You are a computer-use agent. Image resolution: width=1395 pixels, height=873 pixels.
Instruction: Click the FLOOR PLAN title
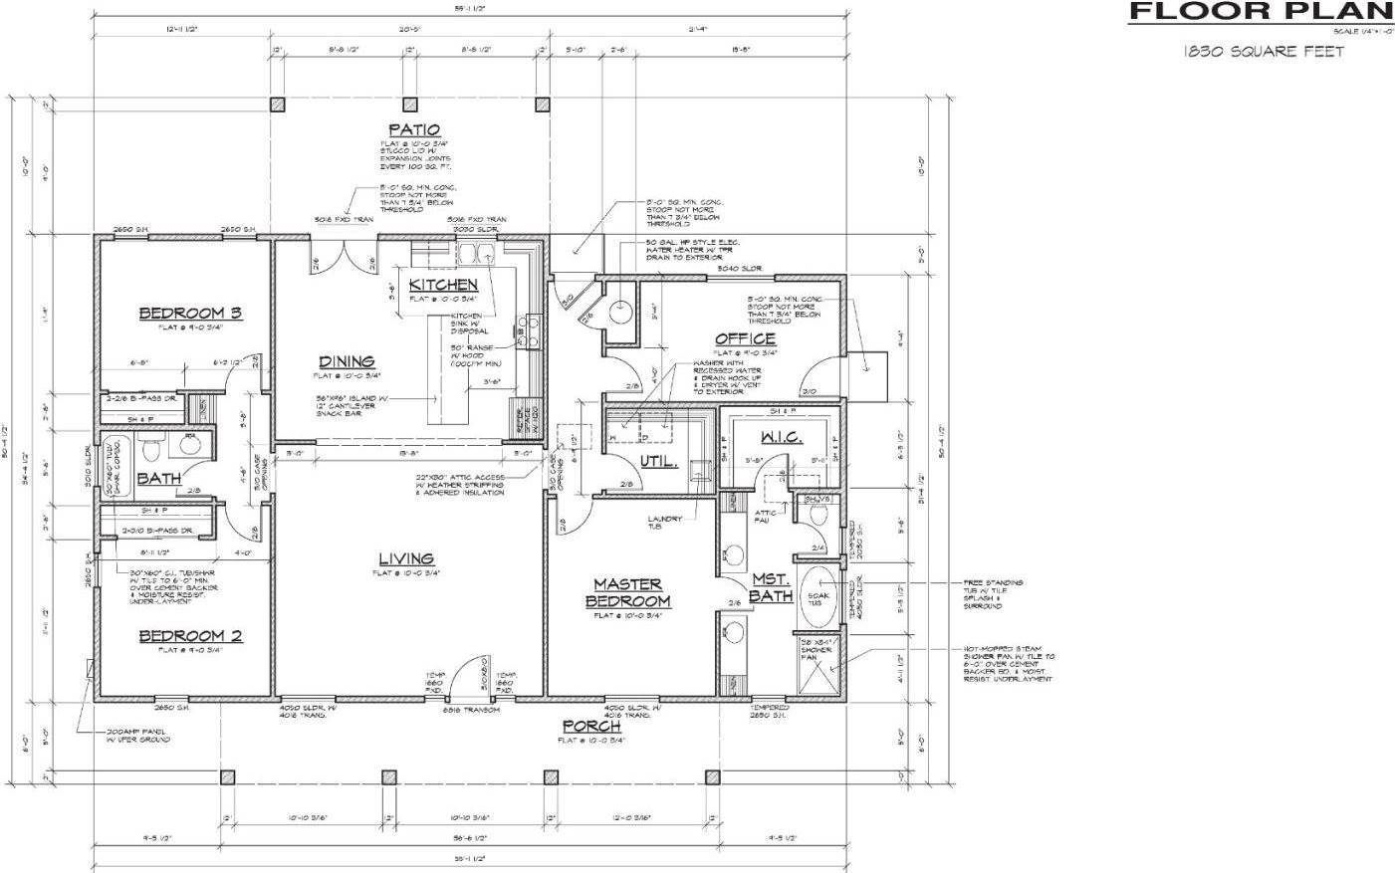click(x=1260, y=13)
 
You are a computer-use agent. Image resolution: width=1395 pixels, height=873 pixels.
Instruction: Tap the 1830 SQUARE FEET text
click(x=1264, y=51)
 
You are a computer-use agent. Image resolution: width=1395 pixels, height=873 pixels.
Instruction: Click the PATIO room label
click(x=414, y=129)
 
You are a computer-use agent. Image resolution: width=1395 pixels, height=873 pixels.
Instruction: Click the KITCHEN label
click(x=443, y=285)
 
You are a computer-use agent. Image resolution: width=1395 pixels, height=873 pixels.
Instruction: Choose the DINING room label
click(x=347, y=361)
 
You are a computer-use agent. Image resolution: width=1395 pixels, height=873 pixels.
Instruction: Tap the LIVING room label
click(x=406, y=558)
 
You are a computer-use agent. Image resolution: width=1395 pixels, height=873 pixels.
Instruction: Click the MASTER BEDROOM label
click(x=628, y=592)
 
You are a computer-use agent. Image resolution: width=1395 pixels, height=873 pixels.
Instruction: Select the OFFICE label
click(x=745, y=339)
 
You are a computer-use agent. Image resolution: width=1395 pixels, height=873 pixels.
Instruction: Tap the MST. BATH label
click(x=771, y=586)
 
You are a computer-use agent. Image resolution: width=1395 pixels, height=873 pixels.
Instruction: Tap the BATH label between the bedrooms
click(x=158, y=479)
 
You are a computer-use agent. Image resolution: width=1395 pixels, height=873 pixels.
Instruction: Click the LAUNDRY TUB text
click(x=664, y=523)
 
